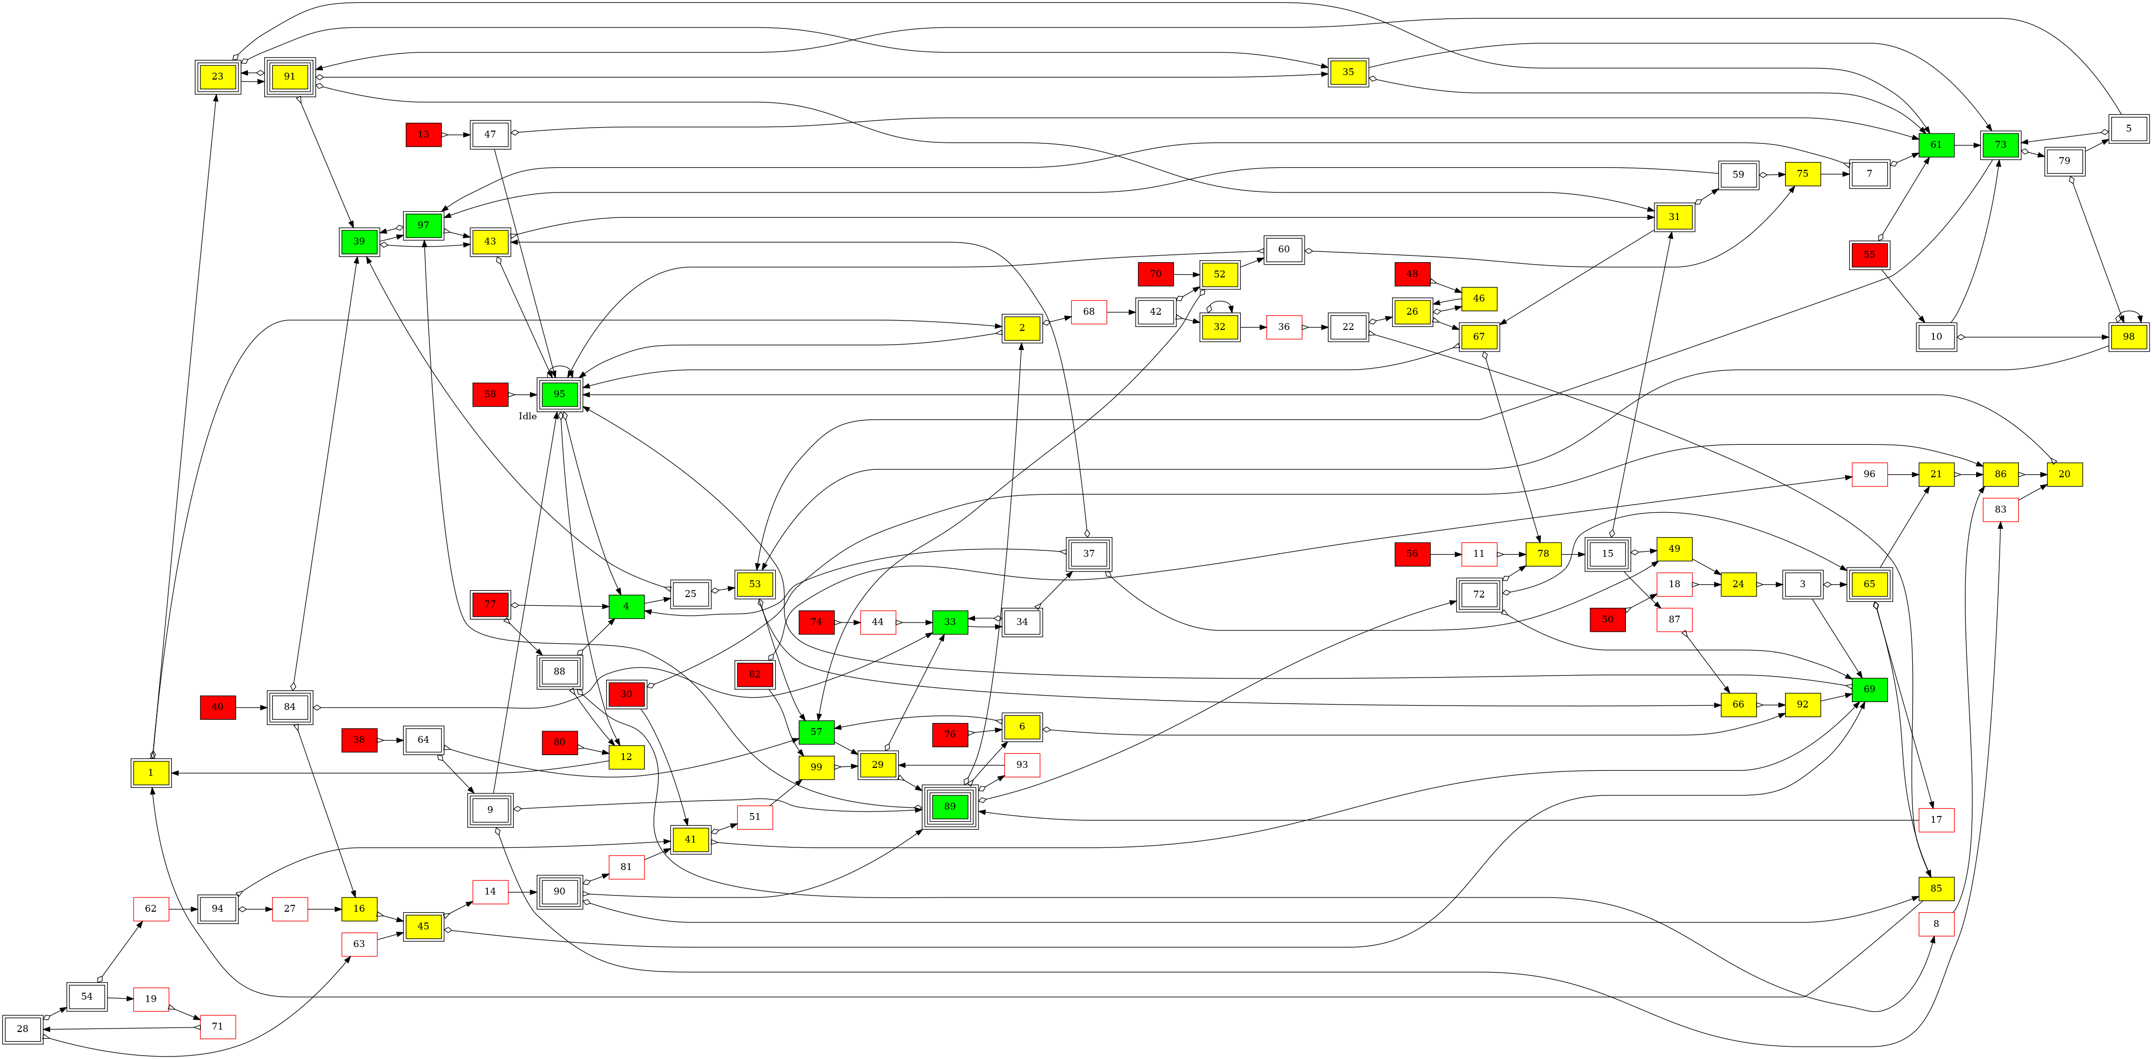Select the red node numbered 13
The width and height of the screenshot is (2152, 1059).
click(423, 135)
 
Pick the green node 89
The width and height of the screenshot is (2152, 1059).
click(950, 807)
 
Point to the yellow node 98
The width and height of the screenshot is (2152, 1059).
click(2128, 337)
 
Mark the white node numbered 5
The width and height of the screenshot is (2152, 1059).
click(2128, 129)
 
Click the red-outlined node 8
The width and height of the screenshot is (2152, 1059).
click(1936, 923)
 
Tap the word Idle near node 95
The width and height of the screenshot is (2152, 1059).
click(527, 416)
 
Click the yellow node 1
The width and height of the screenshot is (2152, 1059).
click(151, 773)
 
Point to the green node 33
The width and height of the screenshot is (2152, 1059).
click(950, 622)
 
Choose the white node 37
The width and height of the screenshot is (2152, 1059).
click(1089, 554)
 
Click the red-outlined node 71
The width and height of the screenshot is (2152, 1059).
click(217, 1027)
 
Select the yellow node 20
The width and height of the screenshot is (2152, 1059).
click(2064, 474)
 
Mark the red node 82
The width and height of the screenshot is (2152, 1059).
click(755, 675)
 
